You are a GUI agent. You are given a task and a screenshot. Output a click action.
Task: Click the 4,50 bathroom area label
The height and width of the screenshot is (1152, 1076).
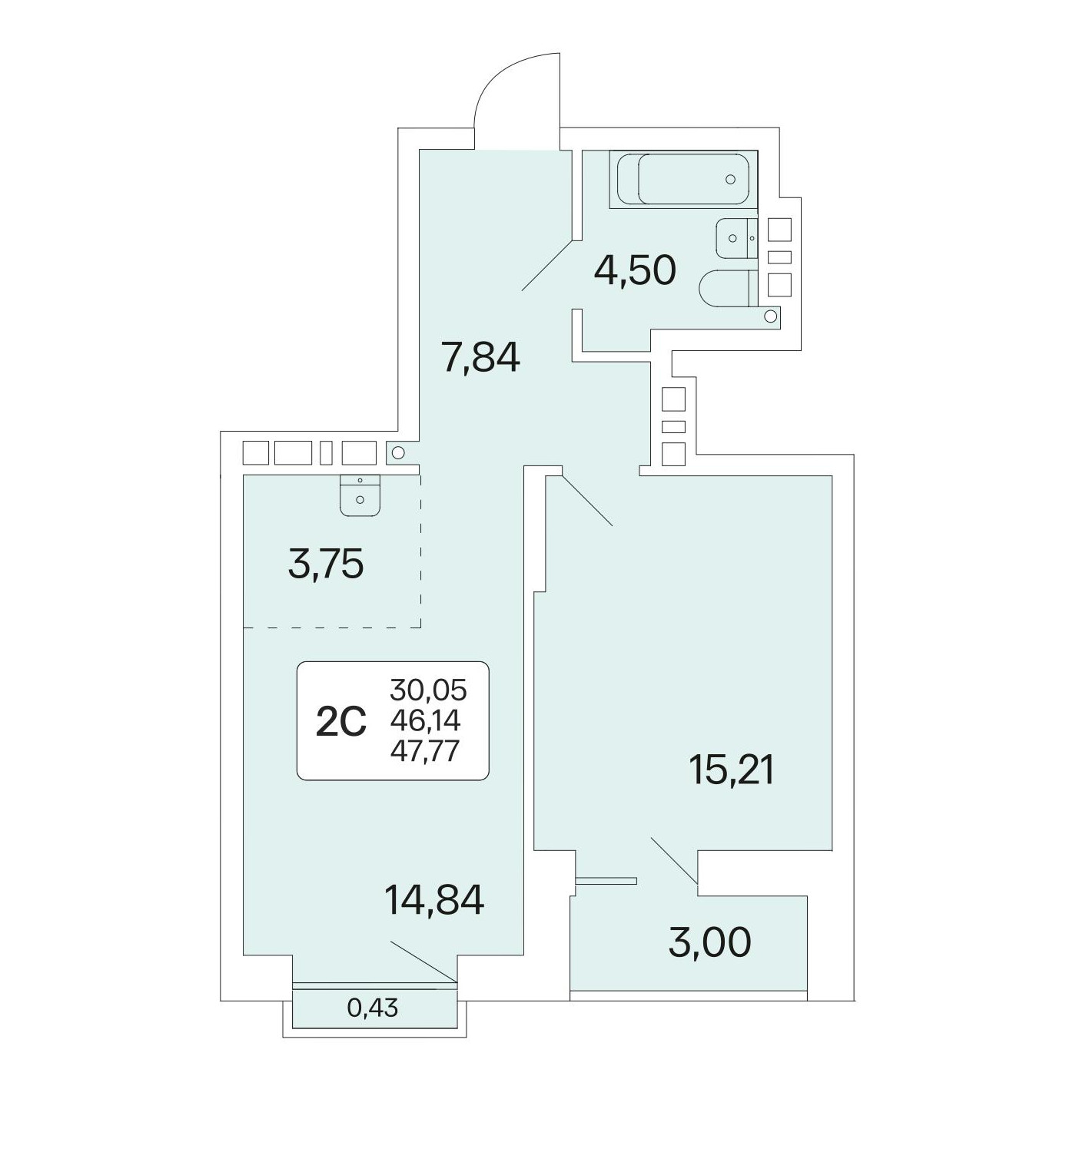[634, 270]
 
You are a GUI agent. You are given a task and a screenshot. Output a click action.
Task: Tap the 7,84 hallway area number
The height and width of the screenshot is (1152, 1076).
[480, 356]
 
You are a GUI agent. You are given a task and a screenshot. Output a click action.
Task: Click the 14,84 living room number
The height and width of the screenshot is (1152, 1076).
[433, 902]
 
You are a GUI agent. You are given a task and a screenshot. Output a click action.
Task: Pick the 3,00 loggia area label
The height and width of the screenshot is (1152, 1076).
[709, 942]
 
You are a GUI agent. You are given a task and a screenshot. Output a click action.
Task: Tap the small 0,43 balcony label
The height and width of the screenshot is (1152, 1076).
[372, 1008]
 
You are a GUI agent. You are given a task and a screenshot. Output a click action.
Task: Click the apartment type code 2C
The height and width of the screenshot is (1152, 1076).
[340, 721]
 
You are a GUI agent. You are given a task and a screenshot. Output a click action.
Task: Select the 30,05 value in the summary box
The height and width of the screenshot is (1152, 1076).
[429, 690]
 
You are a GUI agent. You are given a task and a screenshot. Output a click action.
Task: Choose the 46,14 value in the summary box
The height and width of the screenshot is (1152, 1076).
[426, 721]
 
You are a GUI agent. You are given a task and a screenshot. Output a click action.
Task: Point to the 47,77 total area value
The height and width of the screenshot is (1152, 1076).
[424, 751]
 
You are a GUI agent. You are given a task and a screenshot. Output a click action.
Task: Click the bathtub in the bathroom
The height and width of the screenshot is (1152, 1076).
[683, 179]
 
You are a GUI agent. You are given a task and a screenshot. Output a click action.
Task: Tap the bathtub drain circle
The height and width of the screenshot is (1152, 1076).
[730, 179]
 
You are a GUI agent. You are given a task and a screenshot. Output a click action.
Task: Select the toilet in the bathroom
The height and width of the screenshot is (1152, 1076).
[729, 288]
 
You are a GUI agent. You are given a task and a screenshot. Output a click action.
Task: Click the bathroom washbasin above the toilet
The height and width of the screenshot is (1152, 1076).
[737, 238]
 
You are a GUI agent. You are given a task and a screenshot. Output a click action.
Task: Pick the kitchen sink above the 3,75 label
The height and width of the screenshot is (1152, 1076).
[360, 495]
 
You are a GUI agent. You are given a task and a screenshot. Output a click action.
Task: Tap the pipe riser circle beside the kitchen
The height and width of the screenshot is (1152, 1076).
[398, 452]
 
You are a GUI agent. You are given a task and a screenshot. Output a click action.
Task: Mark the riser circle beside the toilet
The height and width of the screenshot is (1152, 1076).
[771, 316]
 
